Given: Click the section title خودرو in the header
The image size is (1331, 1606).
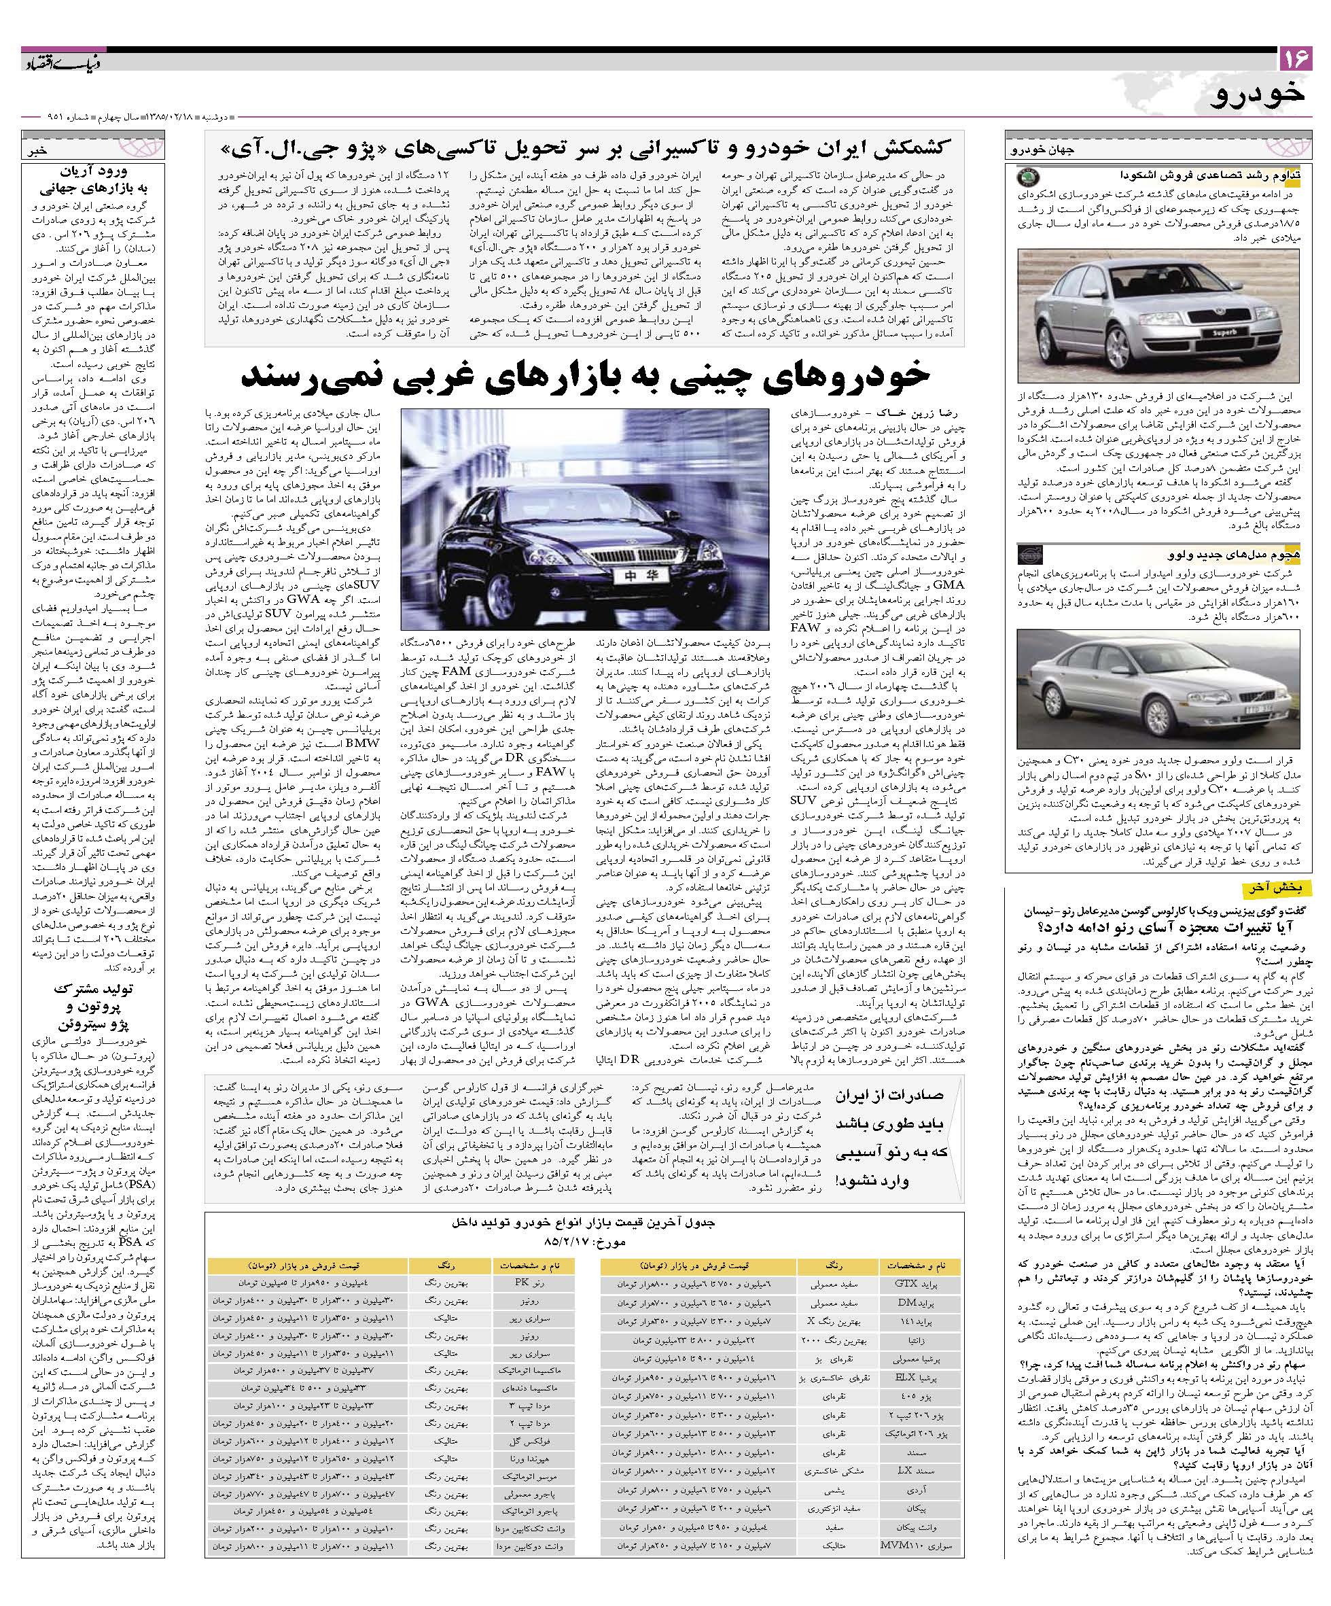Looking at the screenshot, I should [1262, 94].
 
